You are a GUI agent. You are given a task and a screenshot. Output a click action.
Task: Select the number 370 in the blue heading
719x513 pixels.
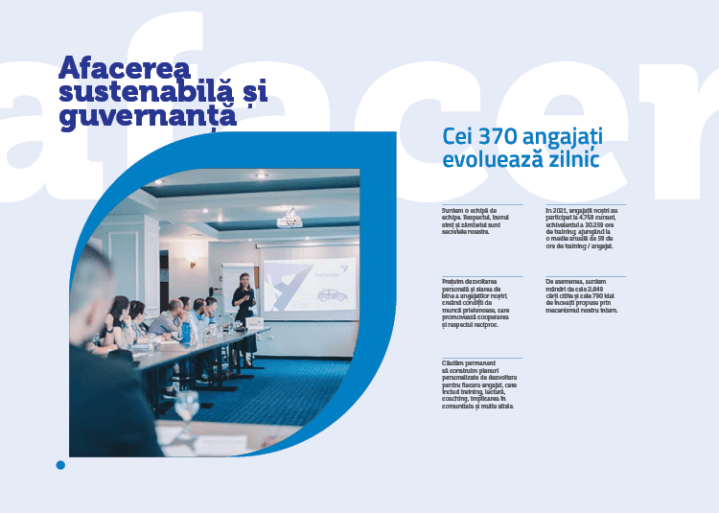coord(502,136)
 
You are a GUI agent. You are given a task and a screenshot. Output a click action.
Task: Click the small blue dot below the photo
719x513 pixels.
coord(60,465)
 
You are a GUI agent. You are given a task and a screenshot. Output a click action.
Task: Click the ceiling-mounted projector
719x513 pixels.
coord(290,222)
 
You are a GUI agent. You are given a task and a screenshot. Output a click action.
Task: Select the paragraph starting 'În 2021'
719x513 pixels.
coord(582,227)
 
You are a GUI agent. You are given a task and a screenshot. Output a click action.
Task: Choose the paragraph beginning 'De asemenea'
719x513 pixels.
coord(581,296)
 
